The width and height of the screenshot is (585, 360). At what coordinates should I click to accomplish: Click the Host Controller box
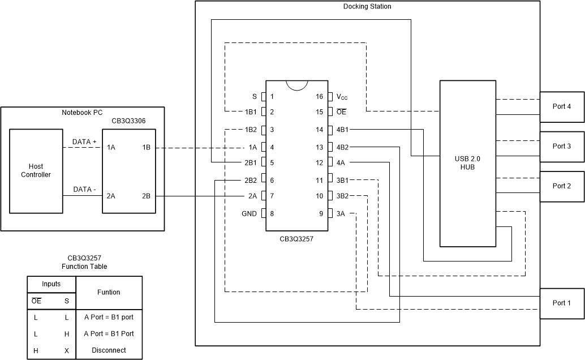[36, 171]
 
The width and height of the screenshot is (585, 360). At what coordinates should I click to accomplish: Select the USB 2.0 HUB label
[467, 163]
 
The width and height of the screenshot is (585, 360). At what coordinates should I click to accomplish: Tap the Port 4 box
[562, 106]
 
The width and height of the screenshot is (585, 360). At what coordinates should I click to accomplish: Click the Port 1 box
[562, 303]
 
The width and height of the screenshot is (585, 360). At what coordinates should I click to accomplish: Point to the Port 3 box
[562, 146]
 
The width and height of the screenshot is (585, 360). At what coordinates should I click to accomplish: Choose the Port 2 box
[562, 186]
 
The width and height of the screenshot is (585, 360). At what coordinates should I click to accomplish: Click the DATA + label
[84, 142]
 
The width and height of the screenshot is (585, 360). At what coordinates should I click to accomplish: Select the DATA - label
[84, 190]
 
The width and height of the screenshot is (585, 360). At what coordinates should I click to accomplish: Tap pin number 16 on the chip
[320, 97]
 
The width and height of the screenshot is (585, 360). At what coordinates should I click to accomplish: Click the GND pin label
[249, 214]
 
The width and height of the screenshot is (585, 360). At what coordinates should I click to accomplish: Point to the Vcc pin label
[342, 97]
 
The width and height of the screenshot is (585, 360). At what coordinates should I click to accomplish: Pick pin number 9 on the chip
[320, 214]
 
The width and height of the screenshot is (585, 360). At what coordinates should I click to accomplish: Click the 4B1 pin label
[342, 130]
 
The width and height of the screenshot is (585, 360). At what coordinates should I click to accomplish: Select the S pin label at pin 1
[255, 97]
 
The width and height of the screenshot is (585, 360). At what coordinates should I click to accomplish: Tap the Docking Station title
[367, 7]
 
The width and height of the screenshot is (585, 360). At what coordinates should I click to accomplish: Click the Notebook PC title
[83, 113]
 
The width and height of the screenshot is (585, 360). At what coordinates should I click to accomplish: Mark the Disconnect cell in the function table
[109, 350]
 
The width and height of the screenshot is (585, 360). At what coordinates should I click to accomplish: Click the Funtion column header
[109, 292]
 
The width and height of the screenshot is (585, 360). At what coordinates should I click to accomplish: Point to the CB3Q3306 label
[128, 121]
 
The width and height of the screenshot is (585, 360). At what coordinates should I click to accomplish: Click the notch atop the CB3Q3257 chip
[297, 84]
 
